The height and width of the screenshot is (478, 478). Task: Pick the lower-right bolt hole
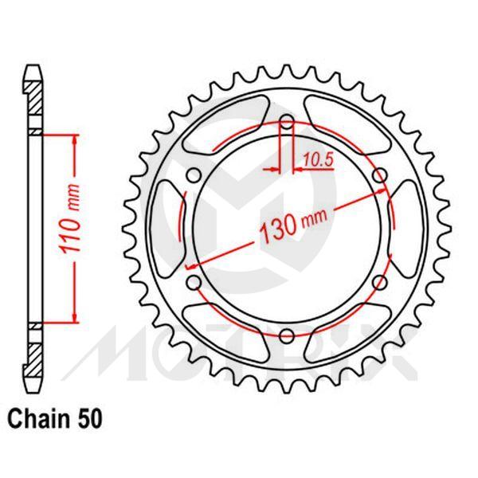pos(379,282)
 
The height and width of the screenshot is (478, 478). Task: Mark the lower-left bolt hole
pos(194,282)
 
